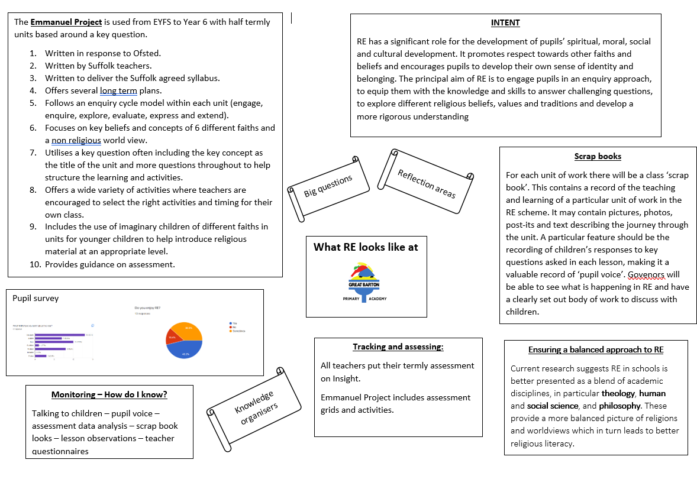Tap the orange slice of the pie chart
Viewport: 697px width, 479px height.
click(191, 332)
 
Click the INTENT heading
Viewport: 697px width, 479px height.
click(505, 22)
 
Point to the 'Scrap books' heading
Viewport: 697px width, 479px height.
click(598, 156)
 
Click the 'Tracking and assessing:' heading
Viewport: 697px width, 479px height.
click(398, 347)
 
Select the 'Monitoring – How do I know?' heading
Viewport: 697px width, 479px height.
click(109, 394)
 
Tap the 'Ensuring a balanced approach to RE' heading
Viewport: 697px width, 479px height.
click(595, 349)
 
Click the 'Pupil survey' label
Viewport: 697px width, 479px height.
click(36, 298)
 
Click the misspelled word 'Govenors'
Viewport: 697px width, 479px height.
click(646, 274)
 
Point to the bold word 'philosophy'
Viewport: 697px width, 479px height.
click(619, 406)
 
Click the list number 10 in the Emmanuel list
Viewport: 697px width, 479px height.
click(34, 264)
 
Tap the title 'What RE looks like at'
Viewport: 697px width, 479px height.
click(366, 247)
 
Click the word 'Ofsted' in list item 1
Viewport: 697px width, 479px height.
click(145, 53)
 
